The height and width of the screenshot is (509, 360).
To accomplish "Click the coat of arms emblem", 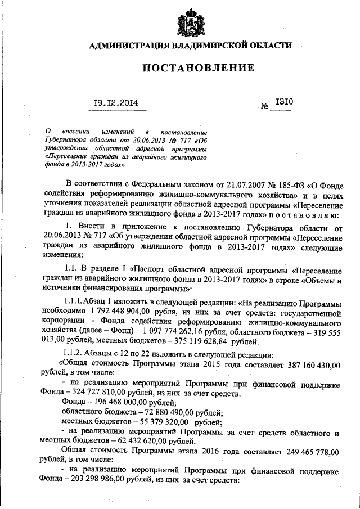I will (191, 21).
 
